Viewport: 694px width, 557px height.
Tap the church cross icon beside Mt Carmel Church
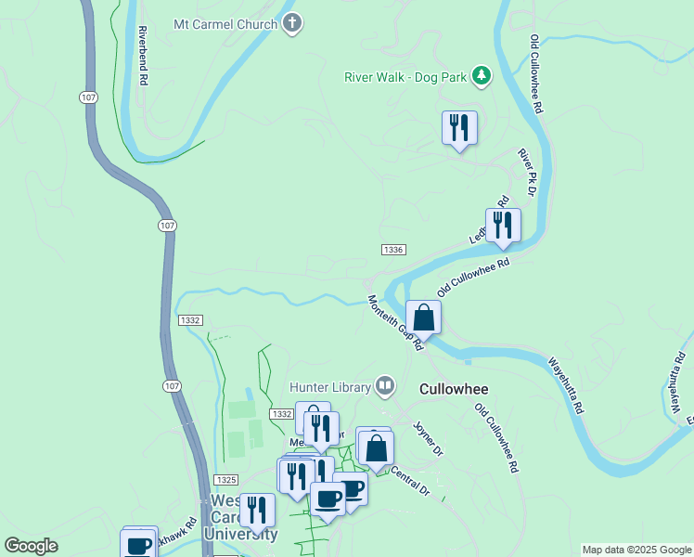[x=292, y=23]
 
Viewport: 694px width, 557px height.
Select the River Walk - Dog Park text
[x=405, y=76]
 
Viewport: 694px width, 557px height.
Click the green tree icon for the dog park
[x=482, y=76]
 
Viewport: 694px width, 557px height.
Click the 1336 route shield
[x=392, y=250]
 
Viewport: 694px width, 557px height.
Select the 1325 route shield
[x=225, y=479]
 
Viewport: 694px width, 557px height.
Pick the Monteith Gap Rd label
[x=395, y=322]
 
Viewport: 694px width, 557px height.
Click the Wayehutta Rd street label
[x=565, y=385]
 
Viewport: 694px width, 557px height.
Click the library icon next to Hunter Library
[x=385, y=386]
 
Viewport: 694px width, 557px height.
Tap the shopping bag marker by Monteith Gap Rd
[x=423, y=317]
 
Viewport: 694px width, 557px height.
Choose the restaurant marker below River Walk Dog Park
[x=458, y=127]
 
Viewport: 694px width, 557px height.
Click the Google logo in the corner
[x=31, y=546]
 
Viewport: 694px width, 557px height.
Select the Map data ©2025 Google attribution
[x=636, y=550]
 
